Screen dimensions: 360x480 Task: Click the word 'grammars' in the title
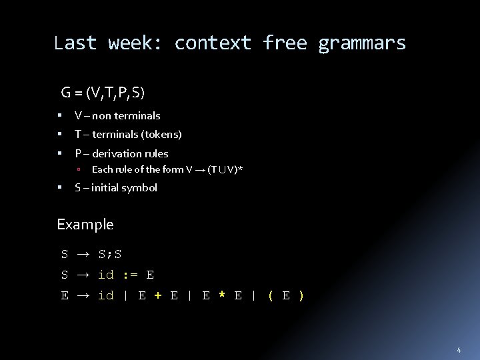362,44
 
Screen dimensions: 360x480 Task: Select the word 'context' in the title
213,43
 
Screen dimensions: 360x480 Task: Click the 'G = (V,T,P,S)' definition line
103,92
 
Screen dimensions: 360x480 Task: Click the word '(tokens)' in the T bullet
161,135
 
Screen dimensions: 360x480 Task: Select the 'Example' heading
85,225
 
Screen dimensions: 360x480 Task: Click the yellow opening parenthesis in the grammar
270,295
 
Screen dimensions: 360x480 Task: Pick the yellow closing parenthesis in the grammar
301,295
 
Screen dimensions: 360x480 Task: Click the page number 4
459,350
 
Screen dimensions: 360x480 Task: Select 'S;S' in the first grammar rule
110,255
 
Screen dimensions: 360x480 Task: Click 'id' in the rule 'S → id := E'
105,275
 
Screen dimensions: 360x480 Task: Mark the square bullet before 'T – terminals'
61,135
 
